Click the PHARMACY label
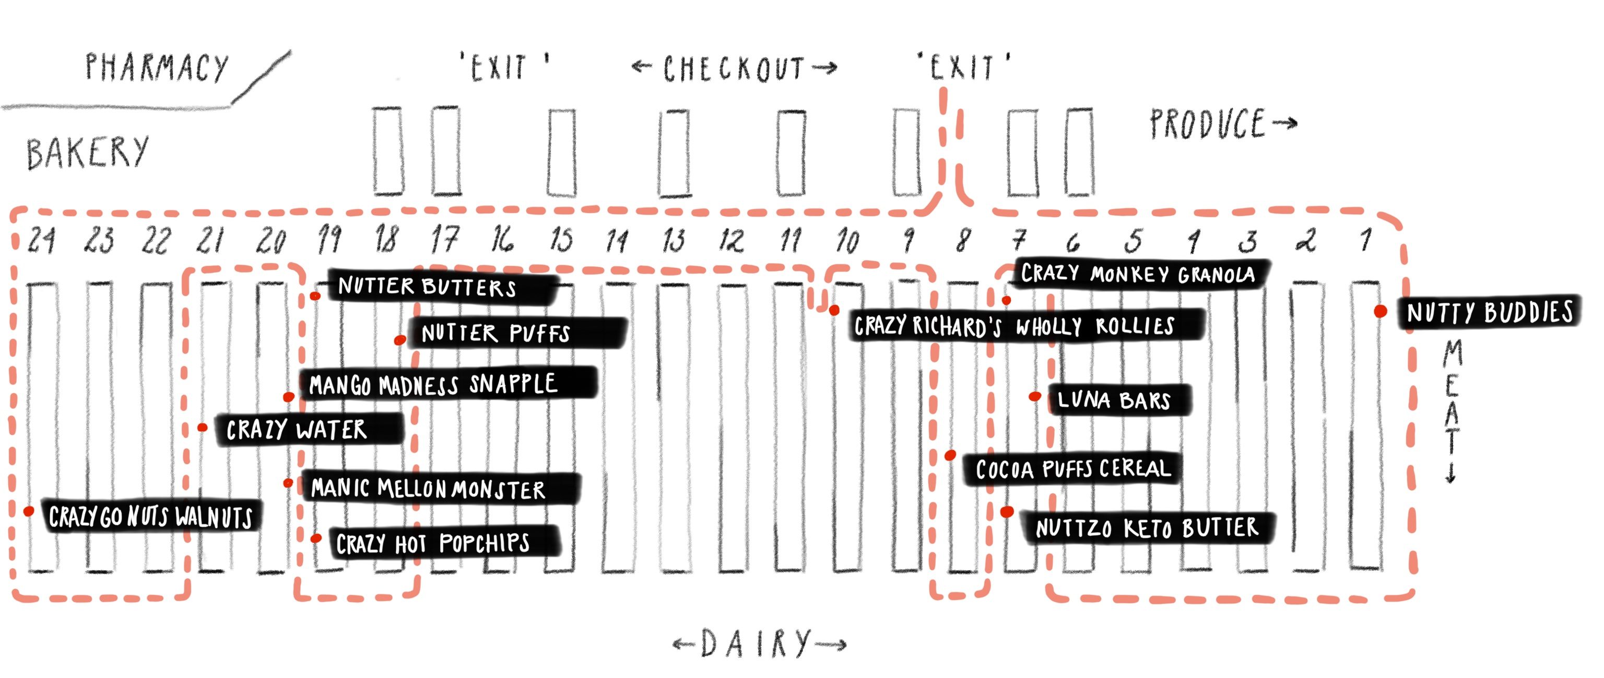pyautogui.click(x=157, y=67)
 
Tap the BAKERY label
pyautogui.click(x=87, y=153)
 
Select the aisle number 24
pyautogui.click(x=41, y=240)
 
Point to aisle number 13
pyautogui.click(x=674, y=240)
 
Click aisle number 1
pyautogui.click(x=1365, y=239)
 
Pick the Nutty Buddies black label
pyautogui.click(x=1490, y=312)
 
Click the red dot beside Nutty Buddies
pyautogui.click(x=1381, y=311)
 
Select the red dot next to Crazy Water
pyautogui.click(x=203, y=428)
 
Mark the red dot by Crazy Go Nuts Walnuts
pyautogui.click(x=29, y=511)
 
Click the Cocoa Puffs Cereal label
pyautogui.click(x=1072, y=468)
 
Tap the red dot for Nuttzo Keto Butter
pyautogui.click(x=1007, y=512)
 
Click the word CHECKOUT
pyautogui.click(x=734, y=68)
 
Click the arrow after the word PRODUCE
pyautogui.click(x=1284, y=123)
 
